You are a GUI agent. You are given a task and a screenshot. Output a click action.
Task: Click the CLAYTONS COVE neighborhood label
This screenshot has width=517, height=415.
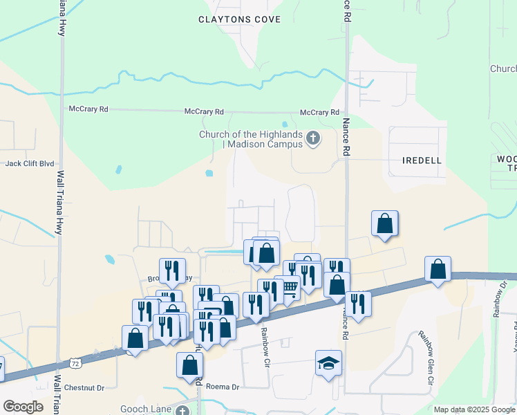point(239,19)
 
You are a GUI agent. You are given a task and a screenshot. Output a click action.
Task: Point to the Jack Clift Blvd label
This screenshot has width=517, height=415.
point(30,164)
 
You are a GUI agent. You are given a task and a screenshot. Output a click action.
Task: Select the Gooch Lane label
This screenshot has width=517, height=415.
point(146,409)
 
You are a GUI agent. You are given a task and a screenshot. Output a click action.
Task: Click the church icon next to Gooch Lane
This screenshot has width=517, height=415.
point(182,411)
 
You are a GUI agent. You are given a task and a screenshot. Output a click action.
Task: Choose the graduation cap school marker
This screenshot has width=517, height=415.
point(328,362)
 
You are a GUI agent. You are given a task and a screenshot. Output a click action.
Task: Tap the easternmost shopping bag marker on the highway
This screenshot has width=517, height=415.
point(438,269)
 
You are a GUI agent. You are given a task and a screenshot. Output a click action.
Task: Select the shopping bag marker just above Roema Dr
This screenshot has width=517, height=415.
point(189,365)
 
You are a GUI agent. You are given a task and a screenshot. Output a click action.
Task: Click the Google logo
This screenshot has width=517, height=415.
point(23,407)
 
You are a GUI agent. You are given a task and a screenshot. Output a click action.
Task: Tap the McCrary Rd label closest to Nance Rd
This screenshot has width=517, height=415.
point(319,112)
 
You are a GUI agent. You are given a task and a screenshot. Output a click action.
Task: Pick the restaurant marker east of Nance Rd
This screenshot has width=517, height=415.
point(358,304)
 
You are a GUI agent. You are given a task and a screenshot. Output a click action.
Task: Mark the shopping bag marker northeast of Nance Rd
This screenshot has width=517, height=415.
point(385,223)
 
